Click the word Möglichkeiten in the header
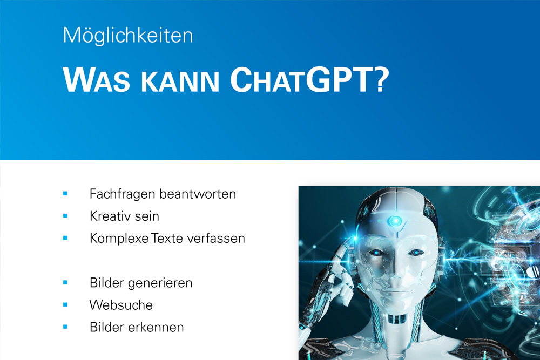click(128, 36)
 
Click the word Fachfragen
click(122, 194)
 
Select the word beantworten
click(198, 194)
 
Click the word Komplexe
click(119, 239)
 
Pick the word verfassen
click(216, 239)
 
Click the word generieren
click(160, 283)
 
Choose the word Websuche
click(121, 305)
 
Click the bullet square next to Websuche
click(65, 304)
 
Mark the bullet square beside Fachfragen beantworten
click(65, 194)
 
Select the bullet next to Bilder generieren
click(65, 283)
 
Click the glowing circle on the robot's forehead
click(396, 221)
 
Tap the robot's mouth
click(397, 290)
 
